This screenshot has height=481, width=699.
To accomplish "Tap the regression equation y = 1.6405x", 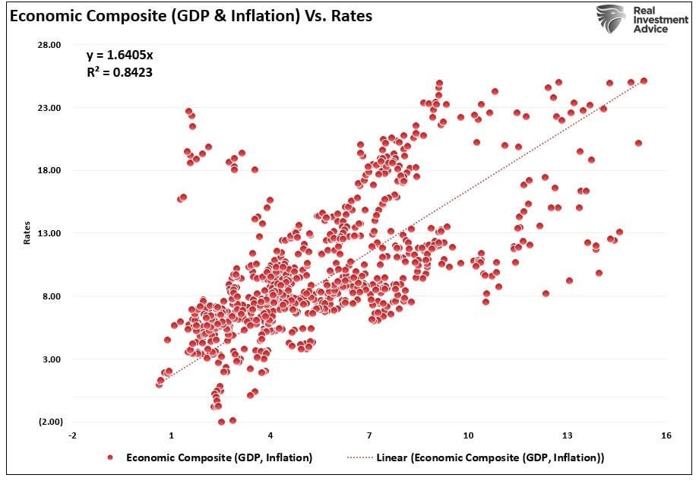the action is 120,55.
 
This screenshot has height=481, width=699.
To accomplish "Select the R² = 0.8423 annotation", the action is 119,71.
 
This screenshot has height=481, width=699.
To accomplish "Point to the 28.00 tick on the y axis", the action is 50,45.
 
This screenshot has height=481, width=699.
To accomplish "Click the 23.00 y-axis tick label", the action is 50,108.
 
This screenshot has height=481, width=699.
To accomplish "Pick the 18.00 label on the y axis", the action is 50,170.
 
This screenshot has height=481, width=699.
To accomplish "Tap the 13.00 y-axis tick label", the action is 50,233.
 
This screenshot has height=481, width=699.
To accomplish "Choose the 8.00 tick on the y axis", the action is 52,296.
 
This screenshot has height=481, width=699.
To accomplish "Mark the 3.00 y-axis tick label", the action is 52,359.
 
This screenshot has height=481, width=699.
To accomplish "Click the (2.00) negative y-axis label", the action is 50,422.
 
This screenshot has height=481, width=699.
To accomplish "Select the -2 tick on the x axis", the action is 72,435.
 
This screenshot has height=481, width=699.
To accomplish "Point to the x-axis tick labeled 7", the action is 369,435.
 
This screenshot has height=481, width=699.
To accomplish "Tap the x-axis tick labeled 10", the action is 468,435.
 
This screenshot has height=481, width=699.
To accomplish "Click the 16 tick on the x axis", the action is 666,435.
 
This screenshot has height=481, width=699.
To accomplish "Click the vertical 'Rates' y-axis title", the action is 27,233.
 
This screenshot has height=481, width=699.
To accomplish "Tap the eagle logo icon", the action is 611,19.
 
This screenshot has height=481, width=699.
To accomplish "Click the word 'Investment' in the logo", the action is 661,20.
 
